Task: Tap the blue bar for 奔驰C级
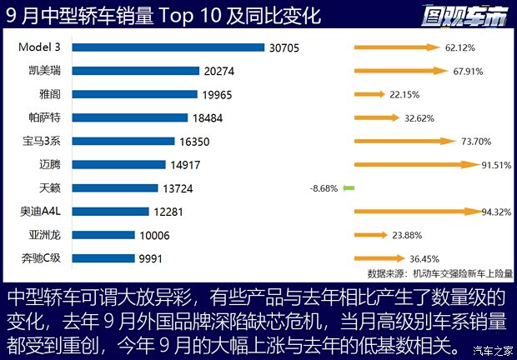pyautogui.click(x=100, y=258)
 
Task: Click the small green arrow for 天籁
pyautogui.click(x=349, y=188)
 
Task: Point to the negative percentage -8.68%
pyautogui.click(x=323, y=188)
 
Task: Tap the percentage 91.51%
pyautogui.click(x=495, y=165)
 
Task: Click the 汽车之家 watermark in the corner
pyautogui.click(x=491, y=348)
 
